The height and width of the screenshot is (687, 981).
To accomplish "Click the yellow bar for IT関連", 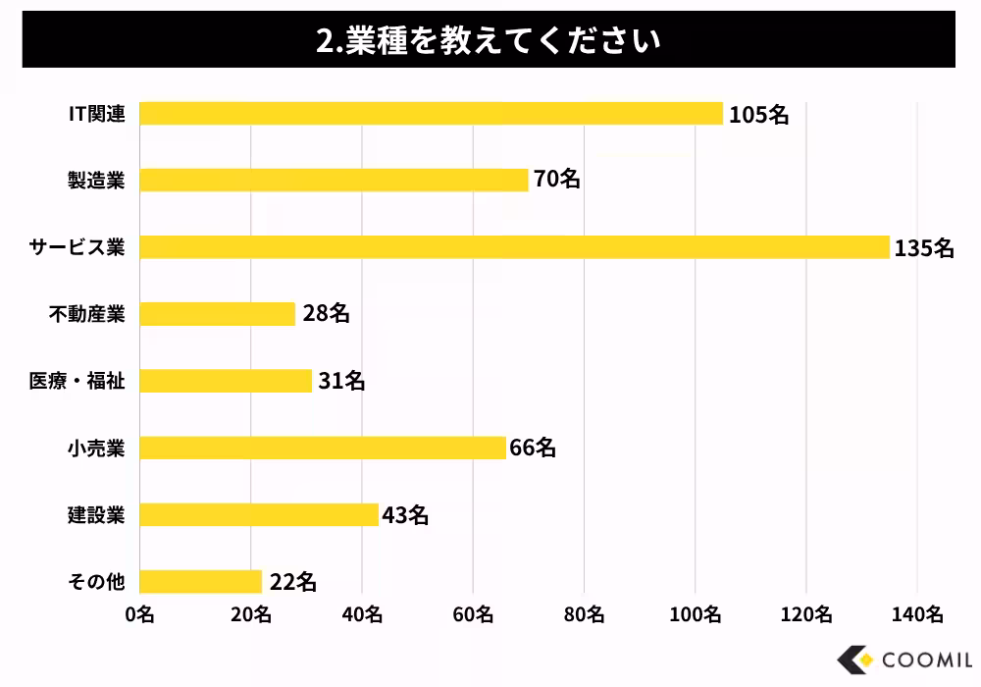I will click(431, 114).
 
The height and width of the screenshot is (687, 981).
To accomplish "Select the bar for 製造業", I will click(334, 181).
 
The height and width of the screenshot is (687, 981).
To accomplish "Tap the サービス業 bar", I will click(514, 247).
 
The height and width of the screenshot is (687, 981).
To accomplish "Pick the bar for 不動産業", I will click(217, 314).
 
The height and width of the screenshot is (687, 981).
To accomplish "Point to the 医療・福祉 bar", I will click(226, 381).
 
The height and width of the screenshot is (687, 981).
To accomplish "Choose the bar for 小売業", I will click(323, 448).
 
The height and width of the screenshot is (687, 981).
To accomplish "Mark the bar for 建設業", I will click(259, 514).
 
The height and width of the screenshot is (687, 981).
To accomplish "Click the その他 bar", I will click(200, 581).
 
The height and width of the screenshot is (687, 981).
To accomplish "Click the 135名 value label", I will click(923, 247).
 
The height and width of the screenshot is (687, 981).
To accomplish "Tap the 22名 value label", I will click(292, 581).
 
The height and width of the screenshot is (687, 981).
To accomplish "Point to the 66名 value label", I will click(533, 448).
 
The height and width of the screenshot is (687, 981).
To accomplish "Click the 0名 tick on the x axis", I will click(139, 614).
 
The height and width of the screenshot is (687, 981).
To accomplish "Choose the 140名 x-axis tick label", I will click(917, 614).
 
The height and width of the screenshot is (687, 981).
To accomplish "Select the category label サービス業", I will click(77, 247).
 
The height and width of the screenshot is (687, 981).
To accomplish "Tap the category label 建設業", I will click(96, 514).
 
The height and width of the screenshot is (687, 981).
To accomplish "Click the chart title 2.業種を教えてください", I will click(489, 39).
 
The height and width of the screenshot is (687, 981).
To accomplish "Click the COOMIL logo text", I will click(925, 660).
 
